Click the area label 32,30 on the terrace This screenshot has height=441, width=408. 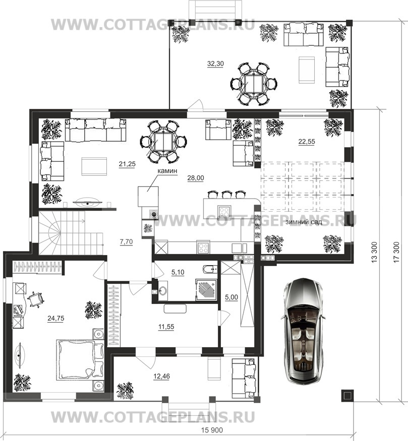tap(215, 64)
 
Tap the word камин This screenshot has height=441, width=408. tap(167, 170)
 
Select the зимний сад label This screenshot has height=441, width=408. tap(304, 222)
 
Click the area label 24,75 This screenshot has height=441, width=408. tap(55, 319)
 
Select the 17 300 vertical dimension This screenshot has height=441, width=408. tap(396, 252)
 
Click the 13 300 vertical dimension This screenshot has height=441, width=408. tap(374, 252)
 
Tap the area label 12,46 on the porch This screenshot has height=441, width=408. tap(161, 376)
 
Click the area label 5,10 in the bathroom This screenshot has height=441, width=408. tap(178, 272)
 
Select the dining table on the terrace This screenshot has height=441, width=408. tap(254, 84)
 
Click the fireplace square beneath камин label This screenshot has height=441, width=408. tap(148, 196)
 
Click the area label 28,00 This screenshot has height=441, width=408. tap(196, 178)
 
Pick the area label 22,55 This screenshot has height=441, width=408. tap(307, 142)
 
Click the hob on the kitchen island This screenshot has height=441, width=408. tap(225, 211)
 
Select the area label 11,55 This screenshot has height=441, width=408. tap(166, 327)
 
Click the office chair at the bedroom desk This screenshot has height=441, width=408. tap(36, 299)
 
